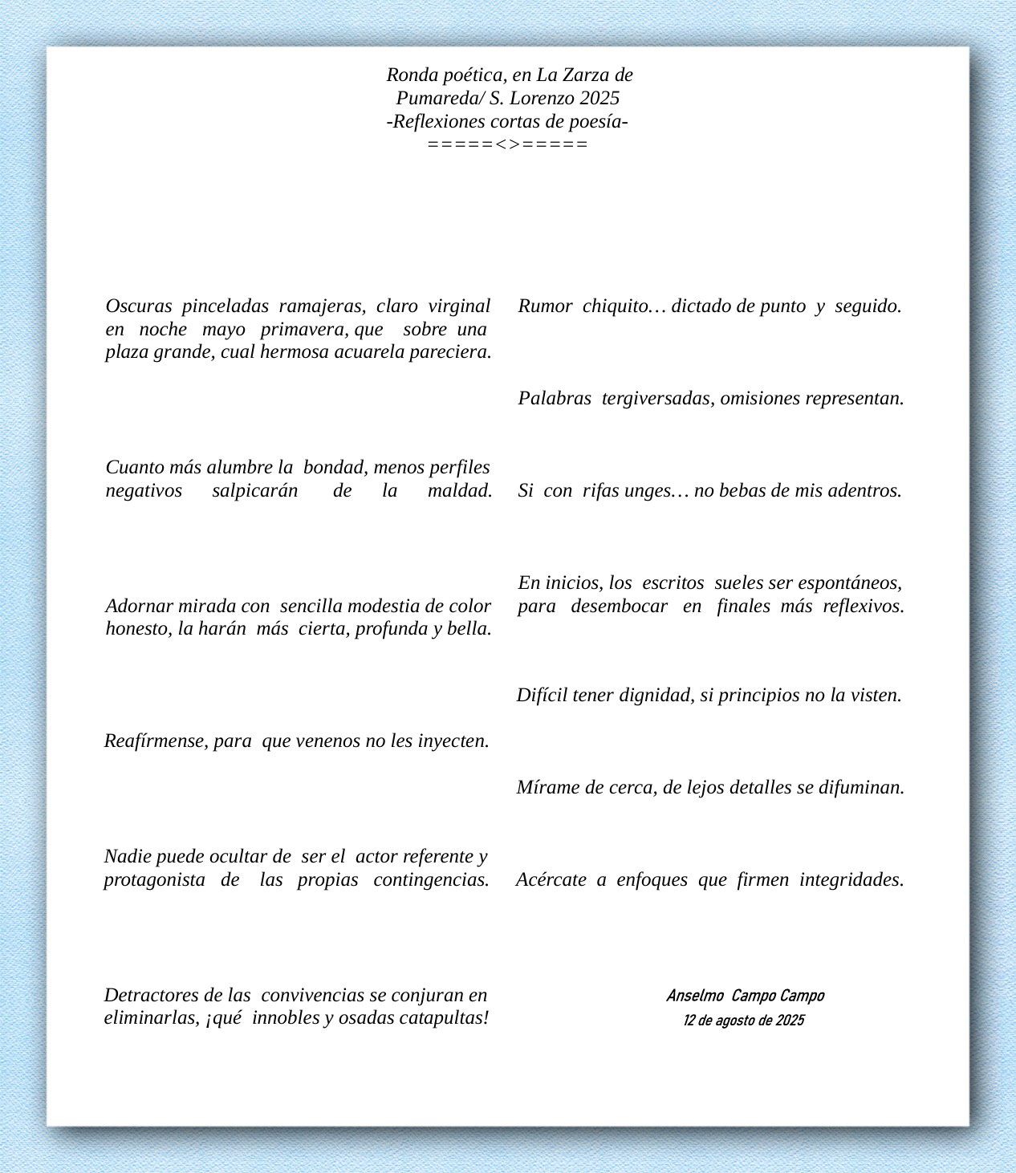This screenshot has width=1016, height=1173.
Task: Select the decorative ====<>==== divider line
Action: point(508,144)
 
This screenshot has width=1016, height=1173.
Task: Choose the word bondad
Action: point(335,468)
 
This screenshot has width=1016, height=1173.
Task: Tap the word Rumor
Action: point(545,306)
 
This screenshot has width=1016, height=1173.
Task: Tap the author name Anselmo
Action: point(695,996)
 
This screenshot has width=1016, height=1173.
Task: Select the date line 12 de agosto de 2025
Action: point(744,1021)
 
